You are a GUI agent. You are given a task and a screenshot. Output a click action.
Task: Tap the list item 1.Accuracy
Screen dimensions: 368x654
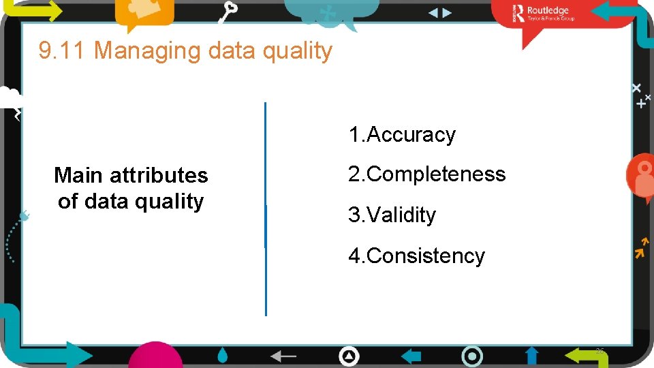[402, 135]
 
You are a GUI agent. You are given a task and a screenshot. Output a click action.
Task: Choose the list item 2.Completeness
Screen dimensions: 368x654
[427, 174]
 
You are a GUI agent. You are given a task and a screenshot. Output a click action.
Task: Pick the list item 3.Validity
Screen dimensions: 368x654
[392, 215]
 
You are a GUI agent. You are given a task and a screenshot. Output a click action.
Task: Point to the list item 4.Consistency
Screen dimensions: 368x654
[416, 256]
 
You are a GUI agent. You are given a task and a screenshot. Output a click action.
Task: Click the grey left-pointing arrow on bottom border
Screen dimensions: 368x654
[283, 356]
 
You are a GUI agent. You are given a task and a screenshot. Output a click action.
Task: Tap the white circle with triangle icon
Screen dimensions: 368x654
[349, 356]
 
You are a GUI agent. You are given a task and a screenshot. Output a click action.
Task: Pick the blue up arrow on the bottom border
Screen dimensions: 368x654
[532, 355]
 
